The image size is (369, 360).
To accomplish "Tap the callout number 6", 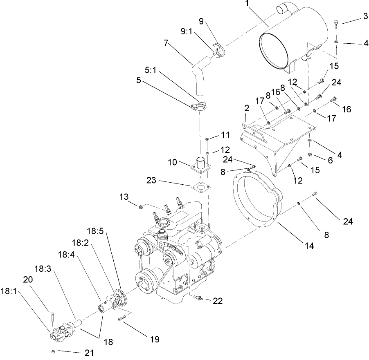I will click(330, 161).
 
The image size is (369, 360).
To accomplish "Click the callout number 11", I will click(226, 134).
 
